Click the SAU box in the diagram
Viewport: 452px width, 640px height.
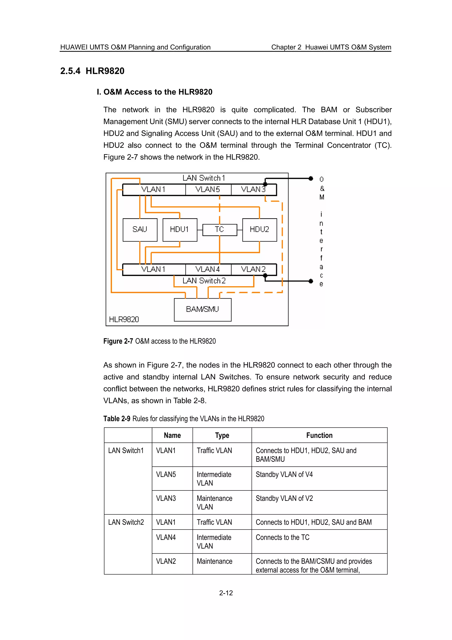(140, 230)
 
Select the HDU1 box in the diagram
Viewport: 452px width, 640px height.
(180, 230)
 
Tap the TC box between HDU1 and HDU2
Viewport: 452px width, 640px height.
(219, 230)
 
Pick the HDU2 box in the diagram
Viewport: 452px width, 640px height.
(259, 230)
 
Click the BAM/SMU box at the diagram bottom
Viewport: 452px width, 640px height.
(202, 309)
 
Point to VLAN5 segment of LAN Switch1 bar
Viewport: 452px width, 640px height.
(208, 189)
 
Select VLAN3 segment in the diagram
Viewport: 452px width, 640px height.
(253, 189)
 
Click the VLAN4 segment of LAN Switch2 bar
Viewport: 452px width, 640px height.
(208, 269)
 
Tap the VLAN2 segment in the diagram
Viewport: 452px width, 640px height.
(253, 269)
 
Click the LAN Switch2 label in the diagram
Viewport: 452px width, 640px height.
(204, 281)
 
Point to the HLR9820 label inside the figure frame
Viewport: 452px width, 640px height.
(124, 319)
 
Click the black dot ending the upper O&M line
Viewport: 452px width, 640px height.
(311, 178)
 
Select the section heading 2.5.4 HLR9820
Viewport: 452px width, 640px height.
(92, 71)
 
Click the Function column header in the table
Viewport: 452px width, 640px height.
(319, 436)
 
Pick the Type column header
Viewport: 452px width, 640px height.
(222, 436)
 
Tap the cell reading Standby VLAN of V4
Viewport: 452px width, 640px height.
(284, 474)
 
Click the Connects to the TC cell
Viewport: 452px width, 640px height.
(282, 538)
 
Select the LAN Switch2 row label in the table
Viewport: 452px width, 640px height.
(126, 522)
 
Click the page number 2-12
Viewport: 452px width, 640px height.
(226, 593)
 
